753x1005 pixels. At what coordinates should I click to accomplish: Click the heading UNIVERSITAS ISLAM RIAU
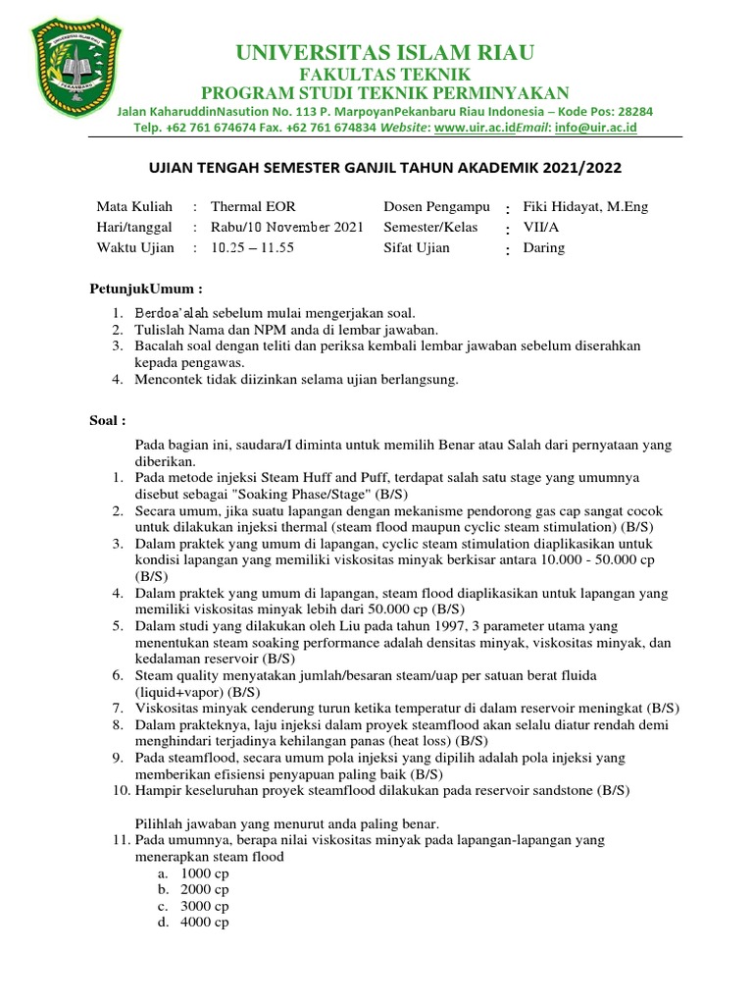(384, 52)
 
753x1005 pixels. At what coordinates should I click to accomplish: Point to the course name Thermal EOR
(253, 207)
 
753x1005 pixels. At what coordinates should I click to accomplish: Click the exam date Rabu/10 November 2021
(287, 227)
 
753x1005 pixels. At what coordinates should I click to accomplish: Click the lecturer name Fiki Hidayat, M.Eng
(586, 207)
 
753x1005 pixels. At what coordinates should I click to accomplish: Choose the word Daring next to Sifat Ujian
(544, 247)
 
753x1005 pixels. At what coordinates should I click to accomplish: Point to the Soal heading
(108, 420)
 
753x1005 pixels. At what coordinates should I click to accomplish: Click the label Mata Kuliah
(134, 207)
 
